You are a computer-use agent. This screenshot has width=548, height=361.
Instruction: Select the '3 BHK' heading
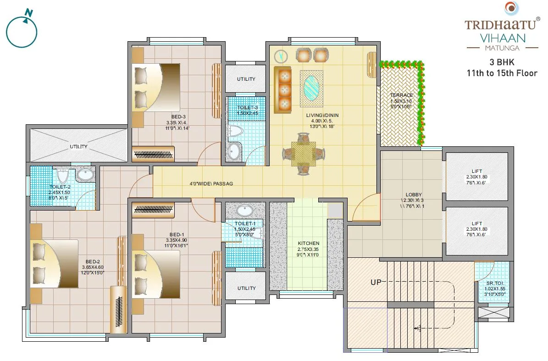click(502, 63)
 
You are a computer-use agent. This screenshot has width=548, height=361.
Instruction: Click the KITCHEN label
click(308, 243)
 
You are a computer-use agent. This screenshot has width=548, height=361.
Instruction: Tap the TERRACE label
click(402, 95)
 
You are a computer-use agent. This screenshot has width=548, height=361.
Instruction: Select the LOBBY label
click(414, 194)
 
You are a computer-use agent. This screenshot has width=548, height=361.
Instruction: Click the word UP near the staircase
click(376, 283)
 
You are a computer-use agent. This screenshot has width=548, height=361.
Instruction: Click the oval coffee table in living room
click(313, 87)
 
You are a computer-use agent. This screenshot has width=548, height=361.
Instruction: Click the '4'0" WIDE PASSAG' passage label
click(211, 183)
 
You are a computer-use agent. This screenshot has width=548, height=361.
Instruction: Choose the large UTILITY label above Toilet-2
click(79, 146)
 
